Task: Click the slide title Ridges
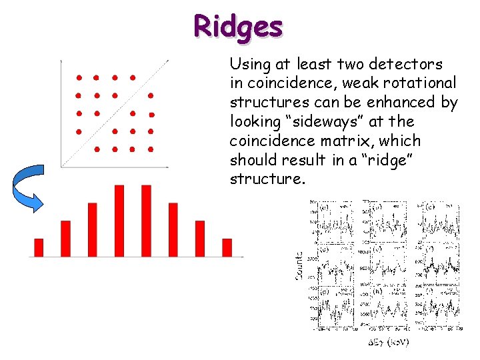[x=238, y=27]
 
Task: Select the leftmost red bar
[x=39, y=247]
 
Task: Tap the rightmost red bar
[x=227, y=247]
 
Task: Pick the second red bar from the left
[x=65, y=238]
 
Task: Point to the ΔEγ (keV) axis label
[x=389, y=342]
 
